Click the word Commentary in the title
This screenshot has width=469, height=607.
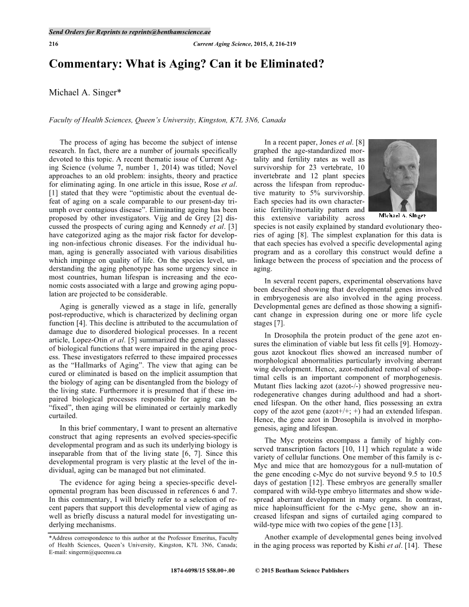point(87,64)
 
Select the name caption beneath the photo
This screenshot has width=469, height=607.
point(403,216)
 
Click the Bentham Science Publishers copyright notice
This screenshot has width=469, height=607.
point(301,571)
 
